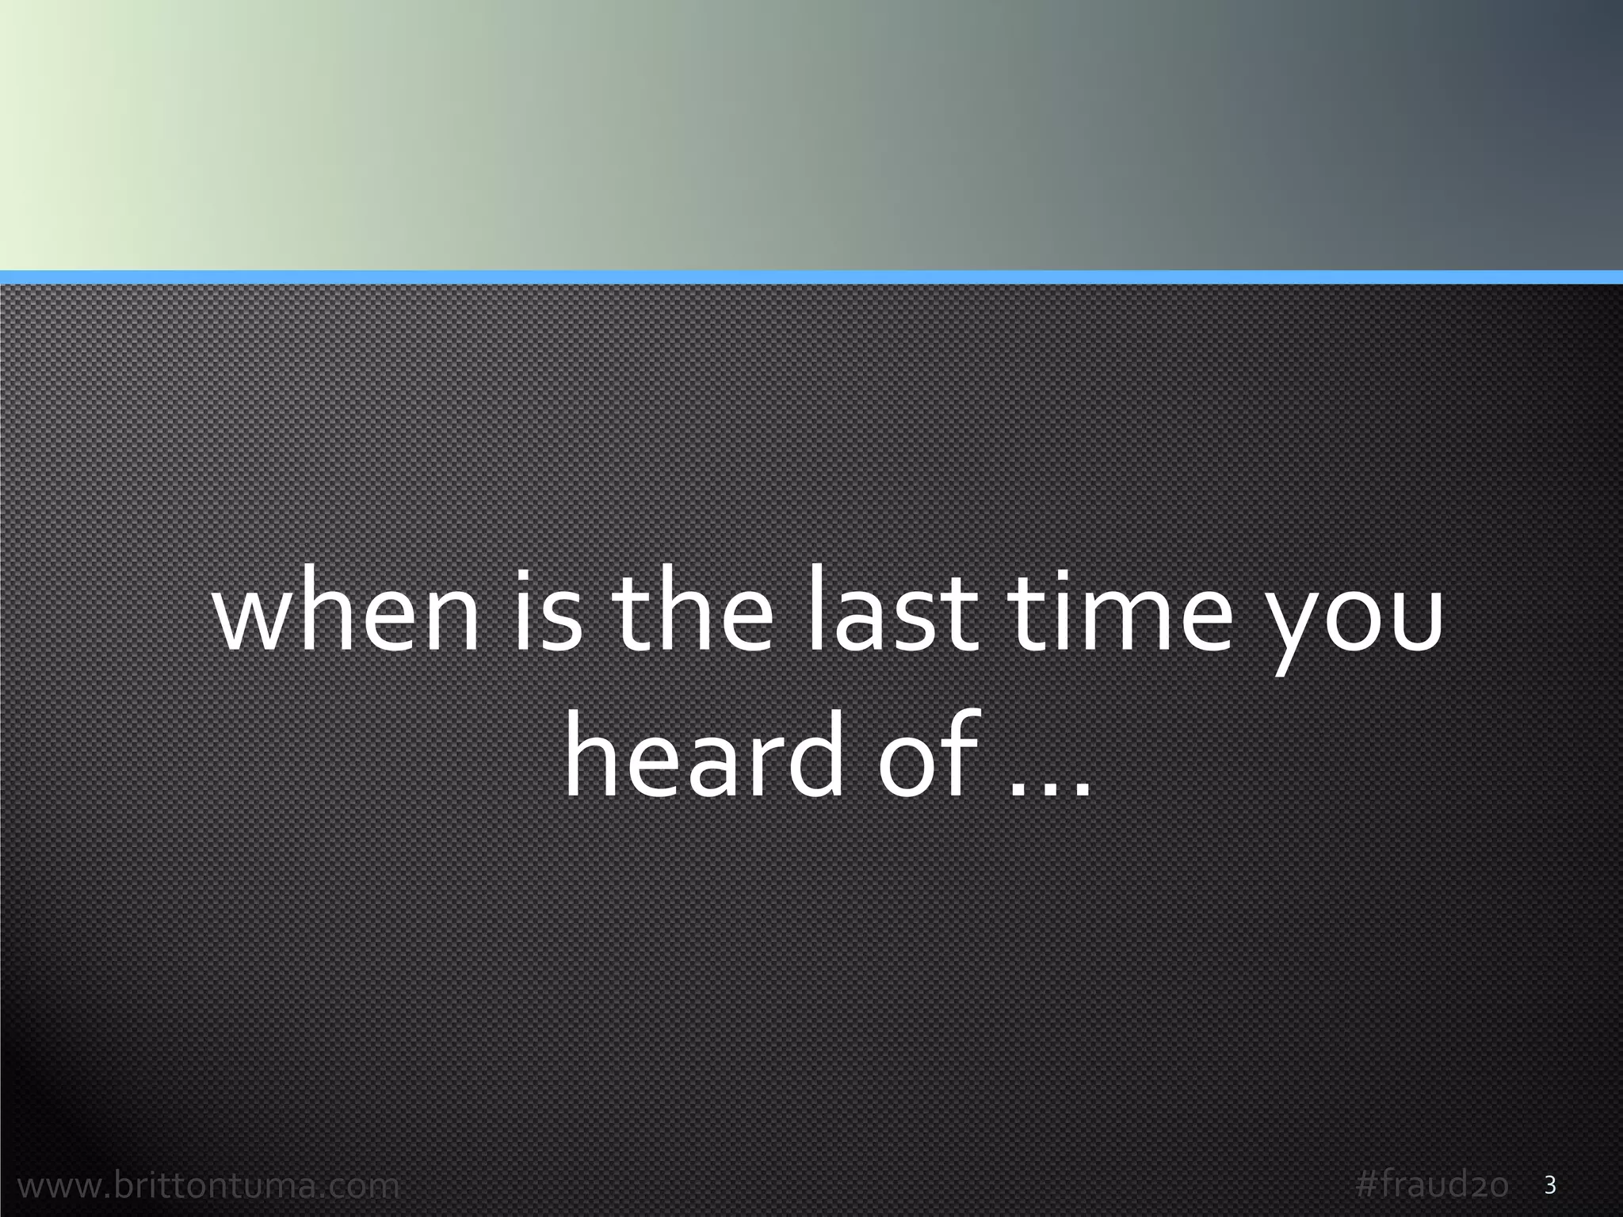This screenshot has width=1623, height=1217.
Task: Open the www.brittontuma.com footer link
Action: click(x=208, y=1186)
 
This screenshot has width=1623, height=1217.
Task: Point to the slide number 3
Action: click(x=1551, y=1186)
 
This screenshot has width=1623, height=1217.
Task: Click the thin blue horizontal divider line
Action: click(x=811, y=277)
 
